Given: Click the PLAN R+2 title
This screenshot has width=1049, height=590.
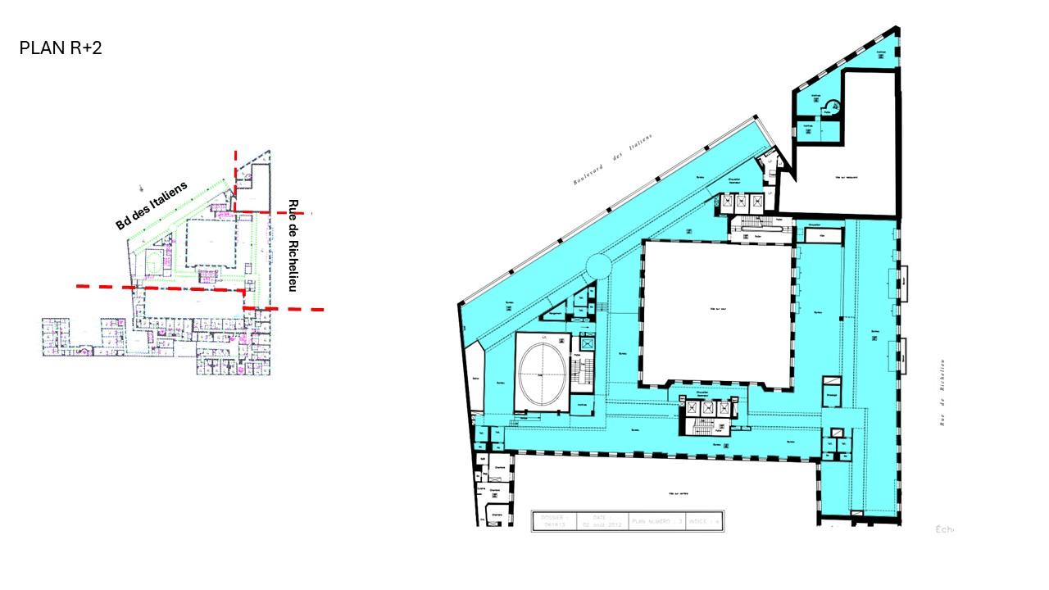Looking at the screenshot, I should point(61,48).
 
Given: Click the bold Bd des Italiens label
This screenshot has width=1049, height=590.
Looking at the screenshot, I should point(152,205).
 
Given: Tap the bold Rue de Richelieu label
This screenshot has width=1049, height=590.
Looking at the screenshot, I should point(292,246).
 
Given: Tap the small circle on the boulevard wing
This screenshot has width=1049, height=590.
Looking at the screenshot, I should point(597,265).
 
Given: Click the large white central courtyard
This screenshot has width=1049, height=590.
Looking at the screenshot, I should point(717,311).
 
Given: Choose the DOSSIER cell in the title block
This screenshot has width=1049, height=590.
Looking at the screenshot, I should point(553,521).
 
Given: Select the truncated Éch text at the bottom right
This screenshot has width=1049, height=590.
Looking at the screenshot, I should point(944,529).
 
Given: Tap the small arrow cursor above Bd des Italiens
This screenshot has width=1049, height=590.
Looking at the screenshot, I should point(141,188).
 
